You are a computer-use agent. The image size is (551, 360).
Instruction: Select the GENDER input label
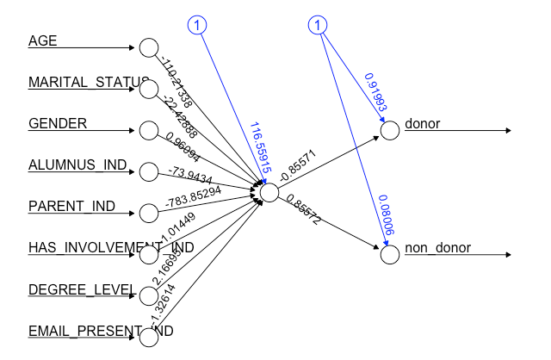pos(58,123)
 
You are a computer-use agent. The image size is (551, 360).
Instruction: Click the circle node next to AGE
pos(148,48)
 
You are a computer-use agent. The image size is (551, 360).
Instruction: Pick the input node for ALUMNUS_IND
pos(148,171)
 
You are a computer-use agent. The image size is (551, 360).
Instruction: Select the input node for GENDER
pos(148,131)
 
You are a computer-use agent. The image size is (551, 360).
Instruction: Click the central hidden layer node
pos(269,193)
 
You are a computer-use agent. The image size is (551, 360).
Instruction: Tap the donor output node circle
pos(389,131)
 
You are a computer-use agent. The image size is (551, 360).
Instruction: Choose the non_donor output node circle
pos(389,255)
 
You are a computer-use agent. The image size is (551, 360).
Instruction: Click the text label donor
pos(422,124)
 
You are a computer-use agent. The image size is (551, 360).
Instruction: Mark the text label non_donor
pos(438,248)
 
